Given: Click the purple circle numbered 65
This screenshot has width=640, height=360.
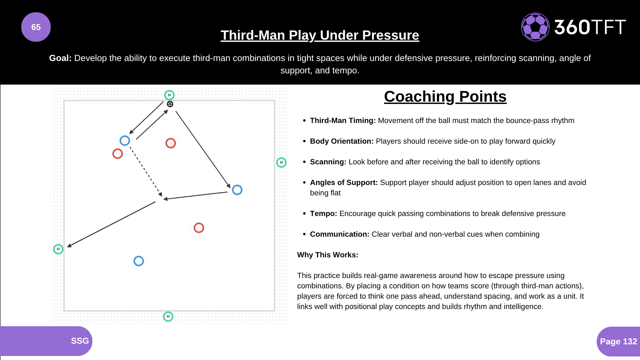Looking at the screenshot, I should [36, 27].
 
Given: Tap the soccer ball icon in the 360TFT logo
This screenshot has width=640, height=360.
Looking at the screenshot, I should [535, 27].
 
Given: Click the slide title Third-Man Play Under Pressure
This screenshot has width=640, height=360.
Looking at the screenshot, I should [320, 35].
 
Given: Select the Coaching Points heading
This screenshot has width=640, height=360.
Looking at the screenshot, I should [445, 97].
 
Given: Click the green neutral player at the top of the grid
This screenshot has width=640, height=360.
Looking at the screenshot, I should [169, 95].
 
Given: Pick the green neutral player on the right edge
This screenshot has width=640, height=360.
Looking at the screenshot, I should [281, 162].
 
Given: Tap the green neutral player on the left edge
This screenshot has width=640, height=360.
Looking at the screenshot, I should [58, 249].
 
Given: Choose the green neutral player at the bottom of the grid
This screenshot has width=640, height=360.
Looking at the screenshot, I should [168, 316].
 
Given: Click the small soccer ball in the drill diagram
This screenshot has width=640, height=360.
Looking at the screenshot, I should [170, 104].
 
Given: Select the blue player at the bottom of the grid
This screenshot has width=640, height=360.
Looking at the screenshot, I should [139, 261].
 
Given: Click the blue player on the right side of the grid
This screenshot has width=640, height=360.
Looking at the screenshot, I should [237, 190].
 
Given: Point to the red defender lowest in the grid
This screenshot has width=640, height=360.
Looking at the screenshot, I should [199, 228].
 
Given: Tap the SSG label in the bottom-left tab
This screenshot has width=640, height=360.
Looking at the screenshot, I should [80, 341].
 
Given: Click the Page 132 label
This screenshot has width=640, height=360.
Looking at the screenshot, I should [618, 341].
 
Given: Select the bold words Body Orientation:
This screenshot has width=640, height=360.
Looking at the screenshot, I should [341, 141].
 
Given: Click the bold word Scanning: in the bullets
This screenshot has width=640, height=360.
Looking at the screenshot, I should [328, 162].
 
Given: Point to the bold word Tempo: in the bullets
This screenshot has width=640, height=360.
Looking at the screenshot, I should [323, 214].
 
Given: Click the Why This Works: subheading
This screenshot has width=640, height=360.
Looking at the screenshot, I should [328, 255].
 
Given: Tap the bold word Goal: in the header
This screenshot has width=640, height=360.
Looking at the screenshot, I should [60, 58].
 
